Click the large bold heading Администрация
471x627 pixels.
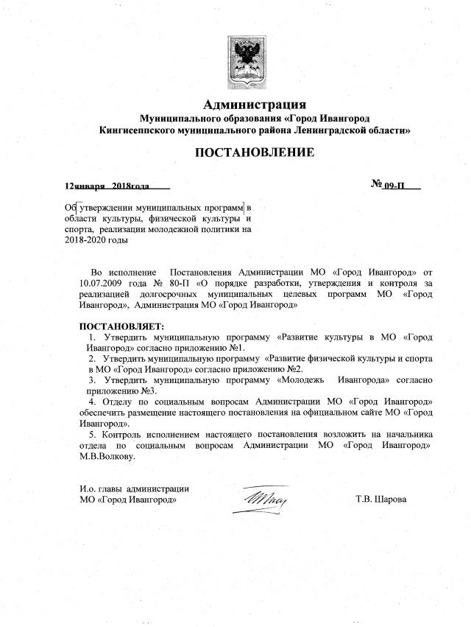[254, 104]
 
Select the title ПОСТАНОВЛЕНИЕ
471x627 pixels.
[254, 153]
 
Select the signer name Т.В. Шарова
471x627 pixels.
[380, 499]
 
